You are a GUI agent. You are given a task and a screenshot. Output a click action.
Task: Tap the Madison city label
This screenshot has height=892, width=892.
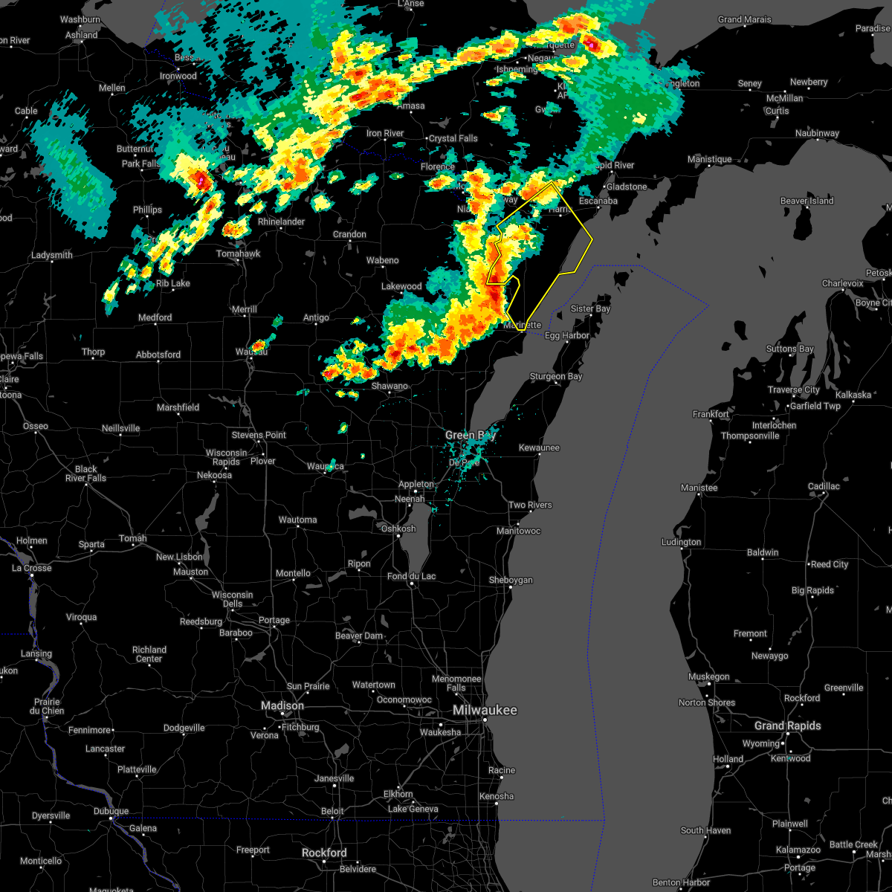click(x=282, y=705)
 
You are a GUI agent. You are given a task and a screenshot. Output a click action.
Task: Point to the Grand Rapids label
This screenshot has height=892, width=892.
click(x=787, y=725)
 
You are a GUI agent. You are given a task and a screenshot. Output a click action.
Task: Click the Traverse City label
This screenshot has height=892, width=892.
click(x=795, y=390)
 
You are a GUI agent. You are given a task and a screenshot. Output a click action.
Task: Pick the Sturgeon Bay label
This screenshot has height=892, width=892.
click(x=556, y=377)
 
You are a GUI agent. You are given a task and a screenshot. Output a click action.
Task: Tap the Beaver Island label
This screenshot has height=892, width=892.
click(x=807, y=201)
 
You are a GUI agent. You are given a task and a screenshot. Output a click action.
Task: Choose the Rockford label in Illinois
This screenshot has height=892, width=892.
click(x=324, y=853)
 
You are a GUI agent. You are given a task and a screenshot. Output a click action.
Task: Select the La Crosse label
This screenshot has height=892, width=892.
click(x=32, y=568)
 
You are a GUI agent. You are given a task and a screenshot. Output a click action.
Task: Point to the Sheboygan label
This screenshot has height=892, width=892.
click(x=511, y=580)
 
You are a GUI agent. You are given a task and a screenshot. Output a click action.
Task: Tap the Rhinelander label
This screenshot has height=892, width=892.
click(x=281, y=222)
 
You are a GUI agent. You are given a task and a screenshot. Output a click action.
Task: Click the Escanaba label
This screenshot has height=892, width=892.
click(x=598, y=201)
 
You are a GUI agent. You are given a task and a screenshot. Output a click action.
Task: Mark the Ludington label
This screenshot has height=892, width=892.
click(x=681, y=542)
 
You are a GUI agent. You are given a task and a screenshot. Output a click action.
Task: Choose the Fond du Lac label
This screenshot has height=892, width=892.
click(x=411, y=576)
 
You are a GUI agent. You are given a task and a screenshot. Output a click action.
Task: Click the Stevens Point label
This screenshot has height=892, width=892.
click(x=259, y=435)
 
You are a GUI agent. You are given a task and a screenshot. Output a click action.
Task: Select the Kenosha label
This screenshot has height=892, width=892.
click(x=497, y=796)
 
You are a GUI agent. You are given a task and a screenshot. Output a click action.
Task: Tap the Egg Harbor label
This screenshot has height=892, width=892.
click(x=566, y=336)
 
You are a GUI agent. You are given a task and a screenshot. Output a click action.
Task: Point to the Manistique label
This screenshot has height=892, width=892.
click(x=709, y=160)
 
